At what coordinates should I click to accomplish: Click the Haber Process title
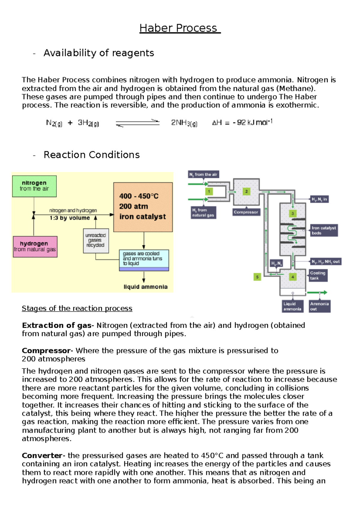click(180, 28)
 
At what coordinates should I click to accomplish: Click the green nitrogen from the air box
click(34, 186)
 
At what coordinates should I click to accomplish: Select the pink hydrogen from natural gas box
click(35, 246)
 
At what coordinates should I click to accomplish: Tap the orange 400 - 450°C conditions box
click(143, 207)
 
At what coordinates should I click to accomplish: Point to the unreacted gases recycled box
click(96, 240)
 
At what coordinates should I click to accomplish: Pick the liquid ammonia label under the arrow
click(145, 287)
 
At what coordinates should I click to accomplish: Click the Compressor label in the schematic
click(246, 212)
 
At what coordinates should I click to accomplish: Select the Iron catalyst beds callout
click(323, 230)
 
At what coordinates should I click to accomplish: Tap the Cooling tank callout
click(318, 275)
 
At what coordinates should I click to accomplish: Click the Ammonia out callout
click(319, 306)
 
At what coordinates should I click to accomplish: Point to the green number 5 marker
click(257, 277)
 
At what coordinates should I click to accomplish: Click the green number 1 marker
click(209, 191)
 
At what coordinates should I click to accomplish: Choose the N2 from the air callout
click(203, 174)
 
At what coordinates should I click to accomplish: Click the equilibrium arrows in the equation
click(138, 123)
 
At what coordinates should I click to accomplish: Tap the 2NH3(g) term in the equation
click(184, 123)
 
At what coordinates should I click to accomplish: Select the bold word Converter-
click(43, 456)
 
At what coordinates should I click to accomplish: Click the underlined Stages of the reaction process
click(77, 308)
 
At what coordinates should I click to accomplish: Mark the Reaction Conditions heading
click(91, 155)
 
